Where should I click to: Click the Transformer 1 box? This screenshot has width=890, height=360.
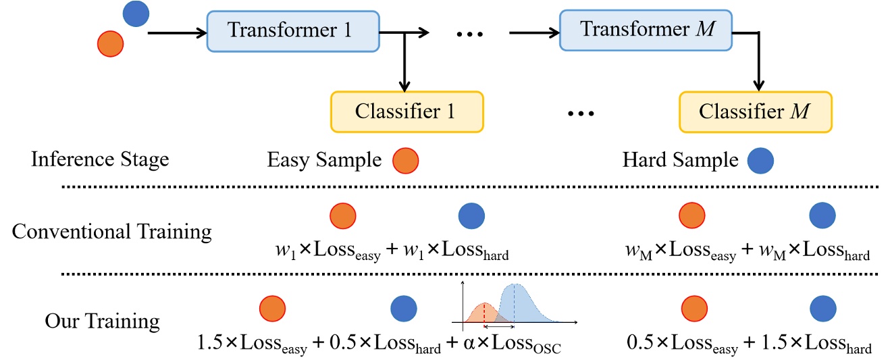[x=292, y=31]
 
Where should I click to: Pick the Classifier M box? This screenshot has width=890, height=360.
[x=756, y=111]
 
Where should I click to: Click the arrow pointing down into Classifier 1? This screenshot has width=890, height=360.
[x=404, y=64]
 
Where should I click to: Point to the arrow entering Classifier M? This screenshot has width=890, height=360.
[x=759, y=64]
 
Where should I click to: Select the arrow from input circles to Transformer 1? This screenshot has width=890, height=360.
[x=176, y=32]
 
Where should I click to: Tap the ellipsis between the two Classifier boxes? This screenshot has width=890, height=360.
[x=580, y=113]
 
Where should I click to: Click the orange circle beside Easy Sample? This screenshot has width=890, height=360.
[x=406, y=161]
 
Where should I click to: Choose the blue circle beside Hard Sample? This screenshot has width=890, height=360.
[x=760, y=161]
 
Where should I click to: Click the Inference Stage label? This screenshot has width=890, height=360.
[x=100, y=161]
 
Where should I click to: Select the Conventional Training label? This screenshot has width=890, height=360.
[x=111, y=232]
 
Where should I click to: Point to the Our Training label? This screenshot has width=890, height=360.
[x=103, y=320]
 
